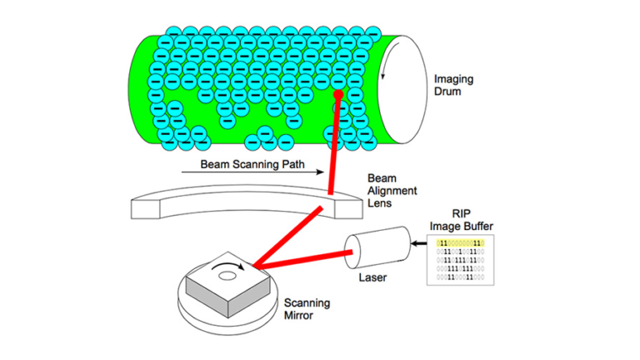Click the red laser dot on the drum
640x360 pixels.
point(338,96)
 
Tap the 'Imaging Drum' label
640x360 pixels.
point(453,86)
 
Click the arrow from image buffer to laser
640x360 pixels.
point(421,242)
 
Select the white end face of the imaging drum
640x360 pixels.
point(398,87)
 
